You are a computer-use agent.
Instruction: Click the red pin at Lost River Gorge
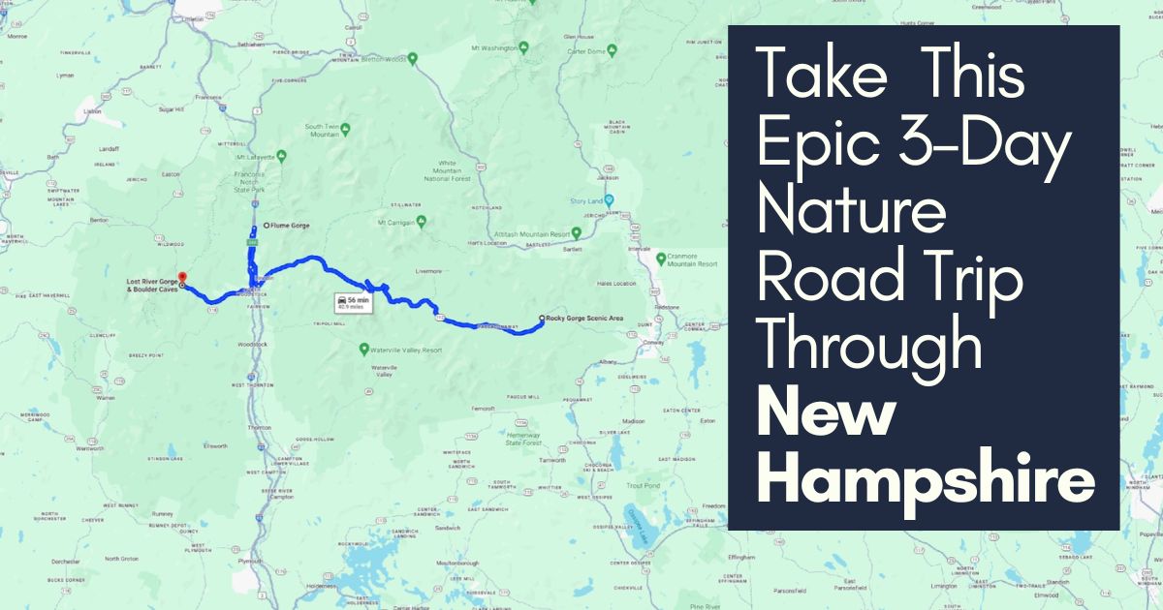tap(182, 278)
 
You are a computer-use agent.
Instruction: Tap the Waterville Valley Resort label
tap(406, 350)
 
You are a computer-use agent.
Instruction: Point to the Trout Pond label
tap(643, 485)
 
